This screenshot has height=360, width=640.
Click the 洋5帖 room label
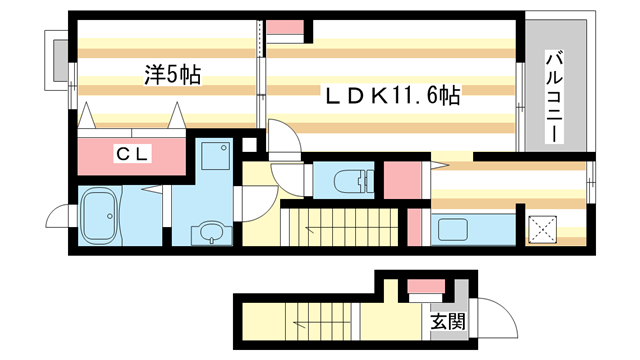pos(173,73)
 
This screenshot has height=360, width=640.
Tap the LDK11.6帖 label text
pos(390,96)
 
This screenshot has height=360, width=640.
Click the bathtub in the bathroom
pos(99,215)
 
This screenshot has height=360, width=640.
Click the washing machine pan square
pos(213,158)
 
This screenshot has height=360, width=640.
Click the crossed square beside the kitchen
pos(543,229)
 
